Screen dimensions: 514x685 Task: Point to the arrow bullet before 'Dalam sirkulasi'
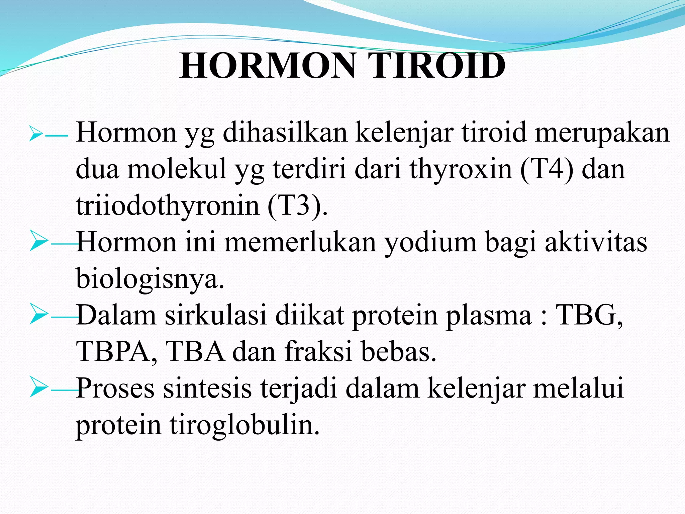click(38, 314)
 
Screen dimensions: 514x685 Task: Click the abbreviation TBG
click(589, 315)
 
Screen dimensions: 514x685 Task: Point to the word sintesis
click(207, 388)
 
